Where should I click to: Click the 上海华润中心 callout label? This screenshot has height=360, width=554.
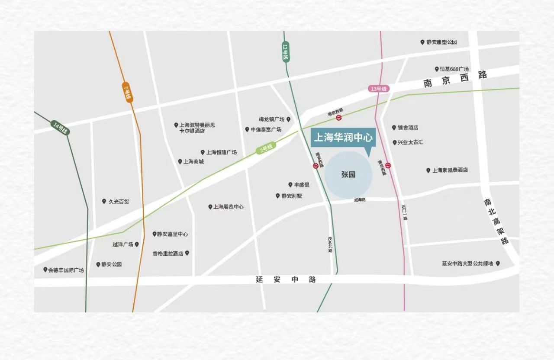(x=343, y=138)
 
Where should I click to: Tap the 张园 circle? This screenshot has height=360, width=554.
(x=348, y=175)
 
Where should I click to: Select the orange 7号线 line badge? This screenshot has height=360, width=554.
(x=127, y=92)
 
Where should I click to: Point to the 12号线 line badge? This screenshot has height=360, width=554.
(x=286, y=52)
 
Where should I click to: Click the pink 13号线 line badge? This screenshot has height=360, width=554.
(x=379, y=89)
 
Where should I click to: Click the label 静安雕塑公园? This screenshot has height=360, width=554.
(x=441, y=42)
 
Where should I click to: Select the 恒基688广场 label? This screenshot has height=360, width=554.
(x=454, y=69)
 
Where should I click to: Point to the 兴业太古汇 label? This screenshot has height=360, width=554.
(x=410, y=142)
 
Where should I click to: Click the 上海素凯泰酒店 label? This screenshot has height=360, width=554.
(x=450, y=170)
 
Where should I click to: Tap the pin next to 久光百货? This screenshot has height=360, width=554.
(x=104, y=202)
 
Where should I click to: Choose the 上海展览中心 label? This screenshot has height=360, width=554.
(x=228, y=207)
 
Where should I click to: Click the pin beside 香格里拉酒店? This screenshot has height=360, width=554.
(x=187, y=253)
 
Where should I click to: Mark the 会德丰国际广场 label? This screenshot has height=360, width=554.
(x=66, y=270)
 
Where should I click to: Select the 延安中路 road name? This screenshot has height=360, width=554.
(x=286, y=280)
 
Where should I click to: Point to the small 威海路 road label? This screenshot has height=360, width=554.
(x=360, y=200)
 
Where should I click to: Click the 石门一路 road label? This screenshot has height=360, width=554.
(x=405, y=212)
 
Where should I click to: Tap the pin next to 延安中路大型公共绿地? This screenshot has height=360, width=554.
(x=498, y=264)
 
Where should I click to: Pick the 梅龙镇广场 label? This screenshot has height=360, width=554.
(x=271, y=119)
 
